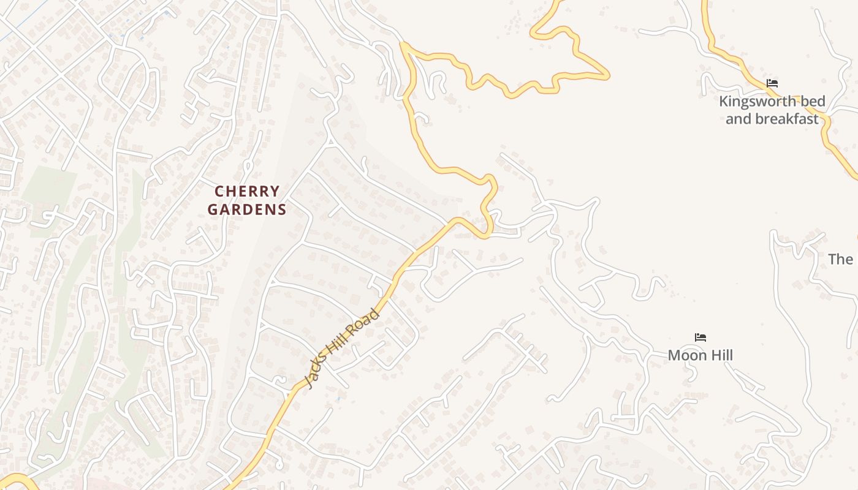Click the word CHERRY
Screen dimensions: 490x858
(248, 192)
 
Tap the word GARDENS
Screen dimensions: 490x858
(247, 209)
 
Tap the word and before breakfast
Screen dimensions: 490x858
(738, 119)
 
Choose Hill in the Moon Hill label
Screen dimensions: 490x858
(719, 355)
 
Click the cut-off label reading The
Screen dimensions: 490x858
(841, 259)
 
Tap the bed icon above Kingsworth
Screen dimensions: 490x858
(772, 83)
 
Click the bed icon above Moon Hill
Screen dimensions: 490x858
(700, 337)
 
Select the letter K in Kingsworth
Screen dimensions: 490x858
(724, 101)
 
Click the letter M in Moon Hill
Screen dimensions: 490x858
(674, 355)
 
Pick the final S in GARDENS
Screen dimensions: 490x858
(282, 209)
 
